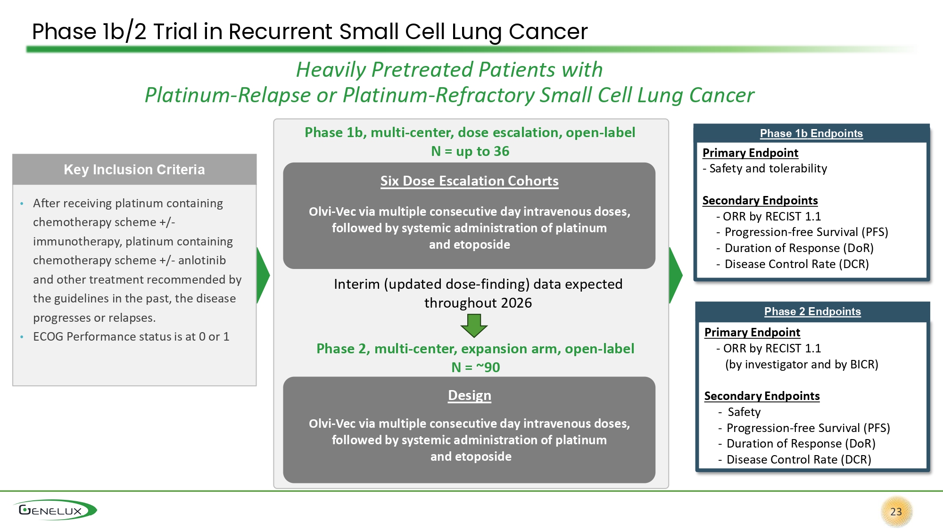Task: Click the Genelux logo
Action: (x=55, y=510)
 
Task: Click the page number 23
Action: (x=896, y=512)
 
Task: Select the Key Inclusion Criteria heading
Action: (x=134, y=170)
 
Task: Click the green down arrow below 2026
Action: (x=474, y=326)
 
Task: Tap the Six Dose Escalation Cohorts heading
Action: (x=469, y=181)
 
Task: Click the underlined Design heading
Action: (x=469, y=395)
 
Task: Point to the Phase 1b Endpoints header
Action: (x=811, y=133)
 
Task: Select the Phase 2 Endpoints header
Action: (x=812, y=311)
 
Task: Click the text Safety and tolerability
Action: (x=768, y=169)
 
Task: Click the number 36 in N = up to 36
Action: (x=501, y=151)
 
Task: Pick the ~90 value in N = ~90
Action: (x=488, y=367)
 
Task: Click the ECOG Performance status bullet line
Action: (x=131, y=337)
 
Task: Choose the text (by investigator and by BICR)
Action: (x=802, y=365)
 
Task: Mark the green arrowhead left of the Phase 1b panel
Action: (x=263, y=275)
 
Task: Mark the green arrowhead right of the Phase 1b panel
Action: (x=675, y=275)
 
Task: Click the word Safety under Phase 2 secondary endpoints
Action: (x=744, y=412)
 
